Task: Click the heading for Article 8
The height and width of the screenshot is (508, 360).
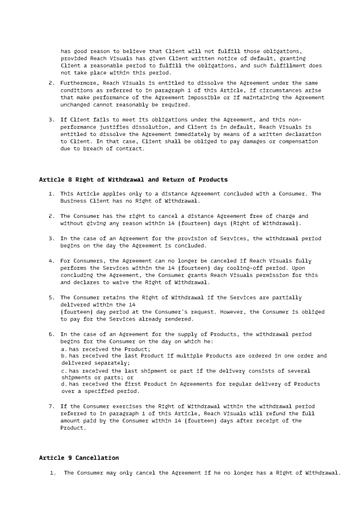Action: coord(133,179)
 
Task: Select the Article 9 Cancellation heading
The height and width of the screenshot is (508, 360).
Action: coord(79,457)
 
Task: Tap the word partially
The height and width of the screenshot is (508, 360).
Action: coord(285,297)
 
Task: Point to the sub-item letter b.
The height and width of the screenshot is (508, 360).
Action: coord(63,356)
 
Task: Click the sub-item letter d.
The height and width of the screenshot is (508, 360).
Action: coord(63,384)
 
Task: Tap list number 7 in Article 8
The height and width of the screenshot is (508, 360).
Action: coord(51,406)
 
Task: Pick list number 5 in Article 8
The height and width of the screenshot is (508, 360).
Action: coord(51,297)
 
